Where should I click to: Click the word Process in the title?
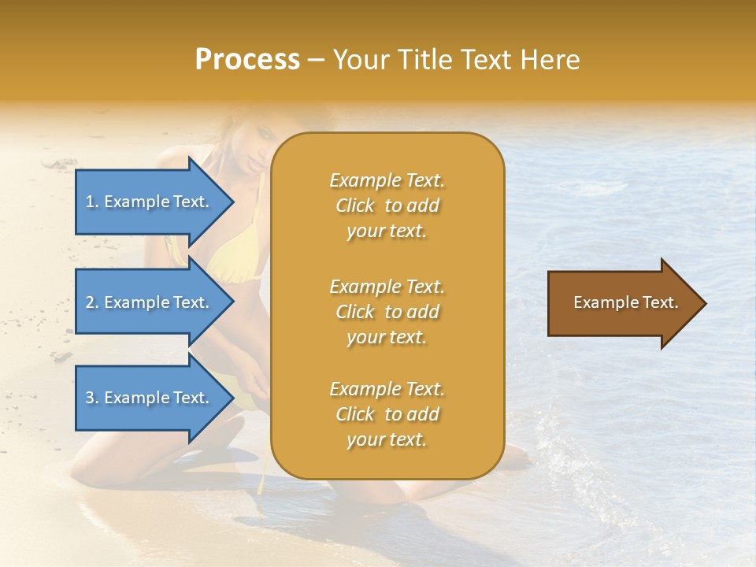tap(247, 60)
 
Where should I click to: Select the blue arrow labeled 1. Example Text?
tap(150, 202)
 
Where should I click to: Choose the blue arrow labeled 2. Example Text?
tap(150, 302)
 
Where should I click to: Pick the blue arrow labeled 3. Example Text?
tap(150, 398)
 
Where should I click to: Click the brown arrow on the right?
tap(622, 303)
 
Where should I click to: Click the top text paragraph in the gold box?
tap(387, 206)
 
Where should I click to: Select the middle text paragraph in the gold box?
tap(387, 312)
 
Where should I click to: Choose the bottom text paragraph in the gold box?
tap(387, 414)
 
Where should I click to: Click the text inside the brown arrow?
tap(625, 302)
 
